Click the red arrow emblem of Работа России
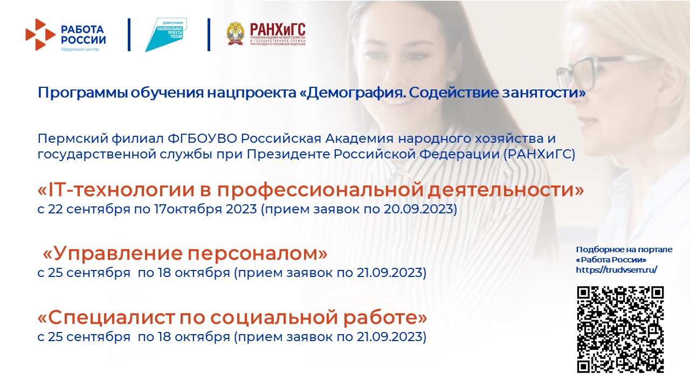(40, 34)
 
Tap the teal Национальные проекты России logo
(166, 34)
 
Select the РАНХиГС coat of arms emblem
(236, 33)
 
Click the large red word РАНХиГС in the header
(278, 30)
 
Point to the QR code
(620, 329)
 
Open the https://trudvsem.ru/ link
(616, 270)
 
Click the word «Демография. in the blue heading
(353, 93)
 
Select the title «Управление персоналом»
(185, 254)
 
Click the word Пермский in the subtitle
(73, 139)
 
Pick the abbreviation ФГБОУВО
(202, 138)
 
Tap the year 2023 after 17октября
(241, 210)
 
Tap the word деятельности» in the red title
(506, 190)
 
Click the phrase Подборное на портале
(624, 250)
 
